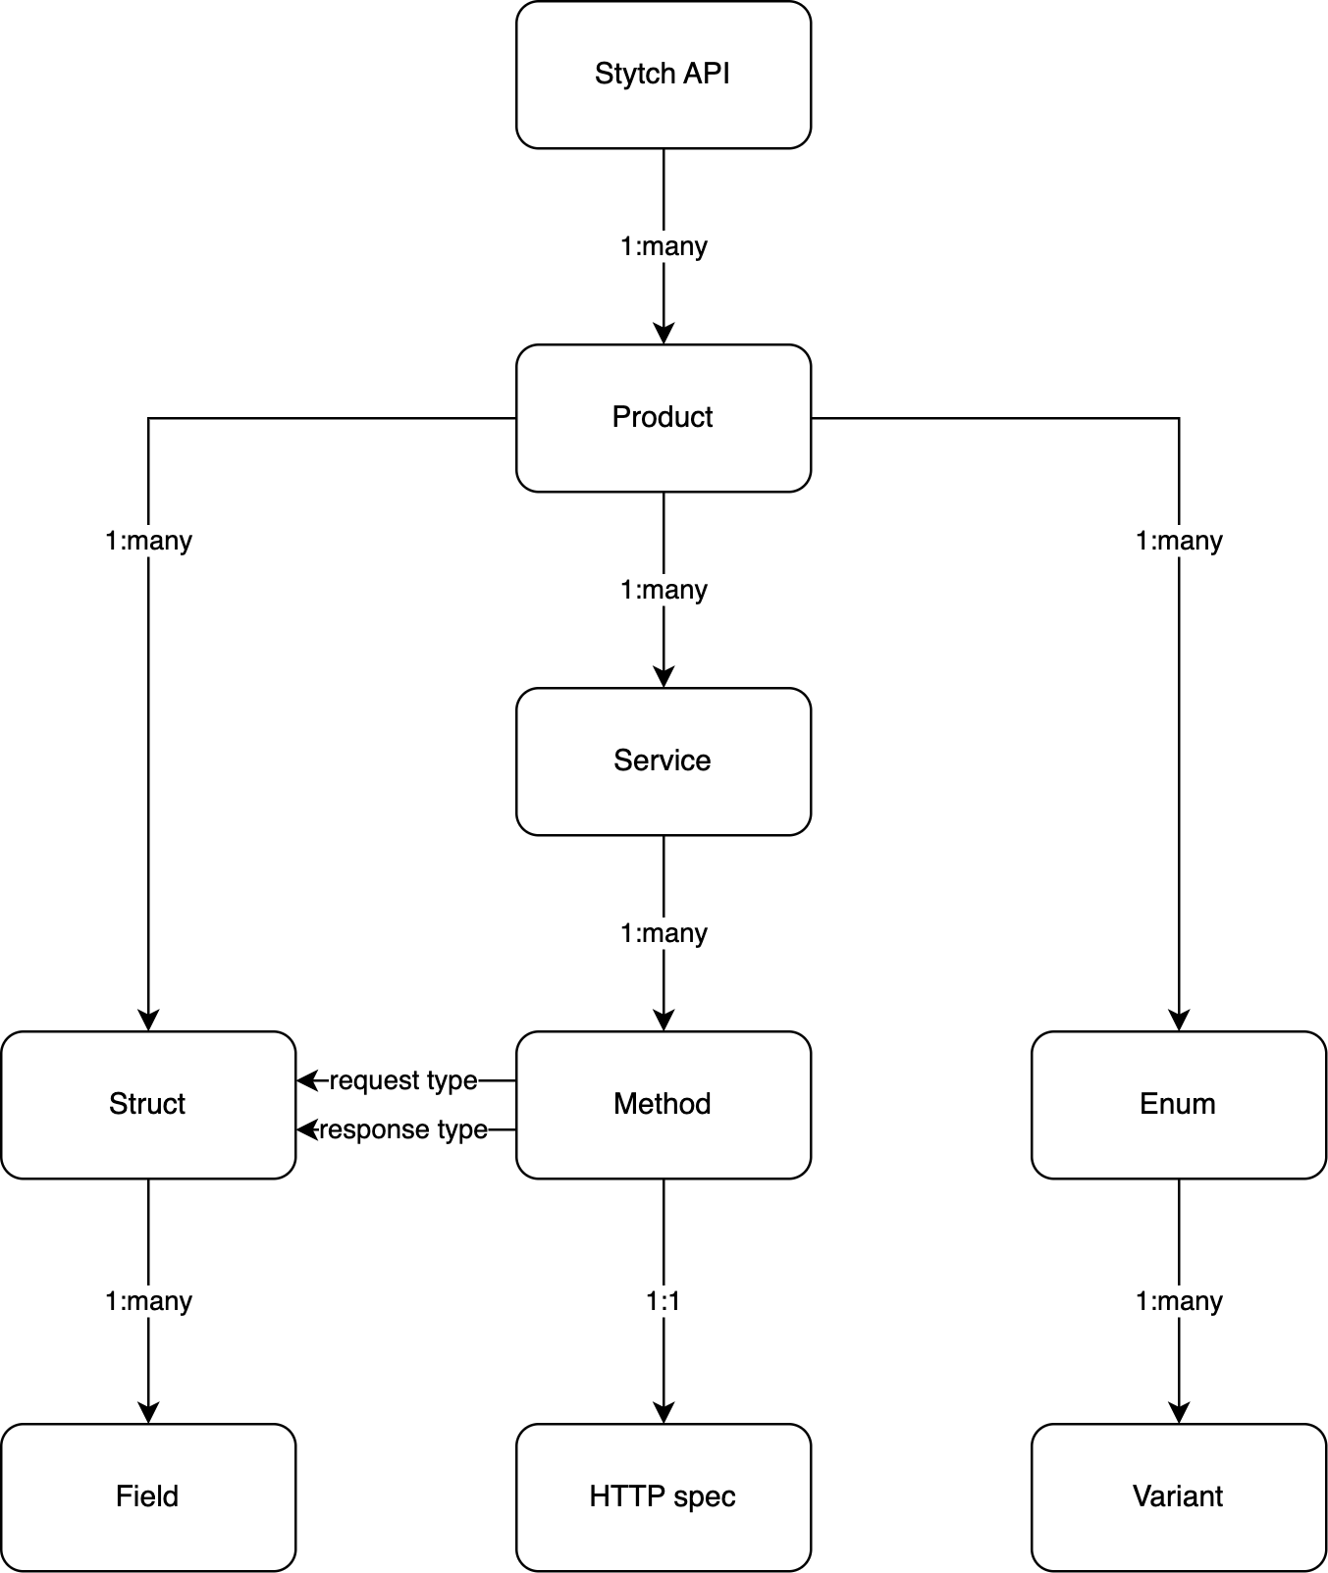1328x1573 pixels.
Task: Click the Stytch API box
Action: point(663,75)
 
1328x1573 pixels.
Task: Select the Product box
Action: point(663,418)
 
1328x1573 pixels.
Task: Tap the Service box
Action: point(663,761)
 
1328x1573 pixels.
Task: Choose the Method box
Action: point(663,1105)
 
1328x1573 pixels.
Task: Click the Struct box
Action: point(147,1105)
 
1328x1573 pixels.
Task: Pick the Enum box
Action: point(1178,1105)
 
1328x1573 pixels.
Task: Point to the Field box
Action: point(147,1497)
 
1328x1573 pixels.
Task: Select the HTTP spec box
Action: point(663,1497)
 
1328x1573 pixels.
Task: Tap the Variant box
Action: point(1178,1497)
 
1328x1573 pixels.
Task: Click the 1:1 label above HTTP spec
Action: point(664,1301)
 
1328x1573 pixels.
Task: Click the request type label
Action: point(403,1080)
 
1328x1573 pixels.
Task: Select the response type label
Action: point(403,1129)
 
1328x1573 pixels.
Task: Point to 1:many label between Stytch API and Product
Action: point(664,246)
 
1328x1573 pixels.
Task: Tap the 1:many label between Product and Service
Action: point(664,590)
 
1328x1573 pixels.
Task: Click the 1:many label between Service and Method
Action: point(664,933)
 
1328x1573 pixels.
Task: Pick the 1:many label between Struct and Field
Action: point(148,1301)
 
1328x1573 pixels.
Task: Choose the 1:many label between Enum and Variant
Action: point(1179,1301)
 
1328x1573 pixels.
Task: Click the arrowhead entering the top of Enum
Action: point(1179,1021)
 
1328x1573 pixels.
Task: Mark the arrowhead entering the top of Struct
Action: point(148,1021)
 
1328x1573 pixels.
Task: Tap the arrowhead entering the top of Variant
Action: point(1179,1413)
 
